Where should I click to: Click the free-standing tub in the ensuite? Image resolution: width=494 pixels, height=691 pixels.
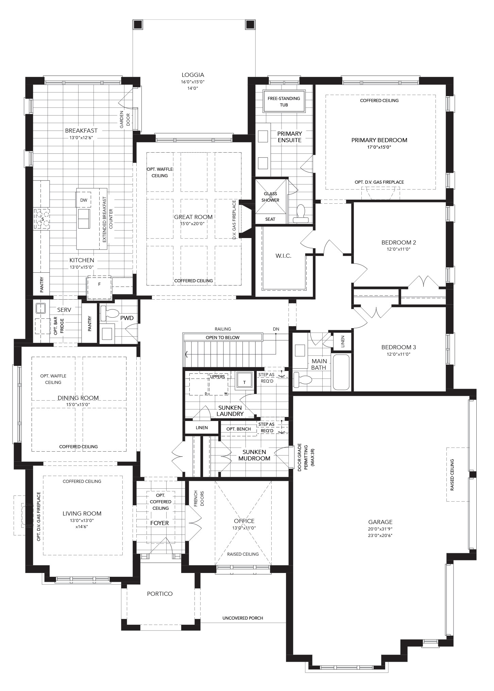coord(284,101)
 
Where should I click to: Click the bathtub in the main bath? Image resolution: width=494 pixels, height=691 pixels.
coord(341,372)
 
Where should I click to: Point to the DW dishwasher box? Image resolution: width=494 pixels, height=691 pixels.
coord(84,200)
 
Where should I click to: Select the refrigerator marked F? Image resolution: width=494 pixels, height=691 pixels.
coord(99,288)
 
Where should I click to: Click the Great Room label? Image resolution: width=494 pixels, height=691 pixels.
coord(193,217)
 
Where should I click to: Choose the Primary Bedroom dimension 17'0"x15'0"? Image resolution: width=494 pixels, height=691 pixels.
coord(379,147)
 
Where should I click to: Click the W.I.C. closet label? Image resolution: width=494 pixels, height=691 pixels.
coord(283,256)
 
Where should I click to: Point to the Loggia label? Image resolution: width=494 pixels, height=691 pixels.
coord(193,75)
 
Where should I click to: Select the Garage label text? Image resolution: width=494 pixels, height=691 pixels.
coord(380,522)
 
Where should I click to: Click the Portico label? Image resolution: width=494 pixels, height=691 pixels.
coord(160,594)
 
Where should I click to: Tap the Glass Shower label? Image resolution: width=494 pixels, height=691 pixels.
coord(270,197)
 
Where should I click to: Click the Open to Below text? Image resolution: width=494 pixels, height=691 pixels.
coord(222,338)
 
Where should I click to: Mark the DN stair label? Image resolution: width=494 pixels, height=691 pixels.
coord(276,329)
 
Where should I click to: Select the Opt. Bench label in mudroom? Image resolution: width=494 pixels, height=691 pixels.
coord(239,429)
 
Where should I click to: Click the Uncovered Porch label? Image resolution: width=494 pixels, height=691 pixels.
coord(243,618)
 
